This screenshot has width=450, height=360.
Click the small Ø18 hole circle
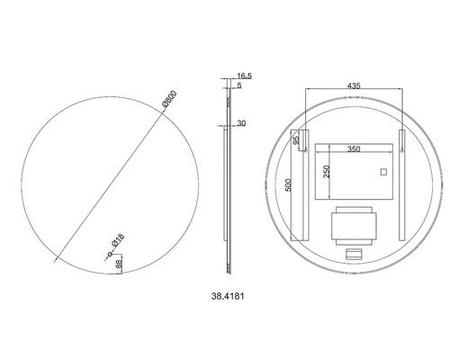pyautogui.click(x=112, y=256)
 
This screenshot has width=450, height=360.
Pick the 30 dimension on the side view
pyautogui.click(x=244, y=124)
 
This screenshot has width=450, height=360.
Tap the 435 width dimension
pyautogui.click(x=355, y=85)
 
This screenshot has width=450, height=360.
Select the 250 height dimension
pyautogui.click(x=327, y=171)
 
